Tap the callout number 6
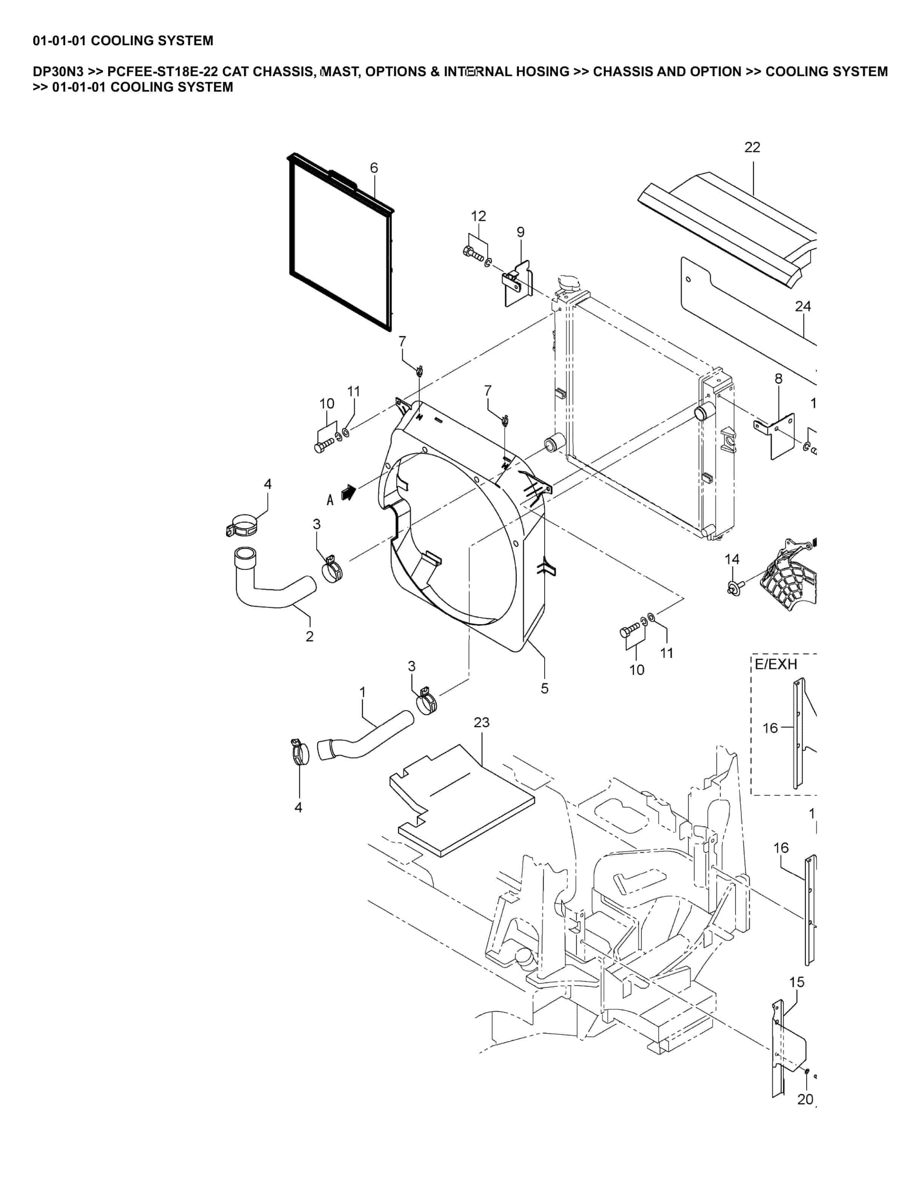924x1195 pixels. [374, 168]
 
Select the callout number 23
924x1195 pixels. [481, 722]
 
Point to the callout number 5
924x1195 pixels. [544, 688]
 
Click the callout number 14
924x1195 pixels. [732, 559]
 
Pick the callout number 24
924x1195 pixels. [802, 306]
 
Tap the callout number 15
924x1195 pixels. [796, 982]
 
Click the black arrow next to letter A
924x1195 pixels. [348, 492]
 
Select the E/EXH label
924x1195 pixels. [776, 664]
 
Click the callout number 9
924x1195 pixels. [520, 232]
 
